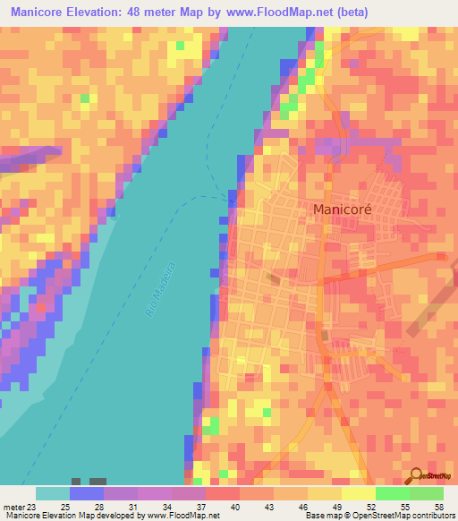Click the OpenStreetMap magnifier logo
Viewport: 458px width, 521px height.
(416, 474)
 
